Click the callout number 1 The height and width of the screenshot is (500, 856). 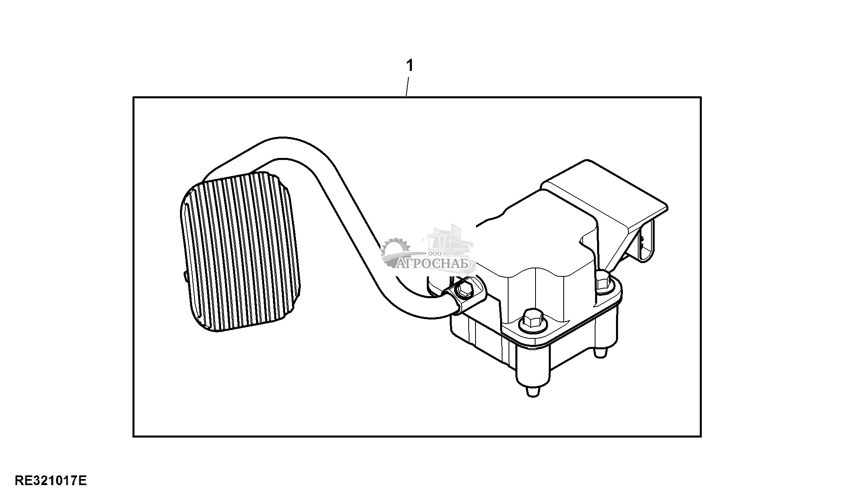(410, 65)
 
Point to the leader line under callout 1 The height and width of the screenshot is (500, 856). (407, 86)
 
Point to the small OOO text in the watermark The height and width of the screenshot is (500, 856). (434, 253)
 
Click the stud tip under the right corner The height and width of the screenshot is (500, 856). (600, 353)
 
